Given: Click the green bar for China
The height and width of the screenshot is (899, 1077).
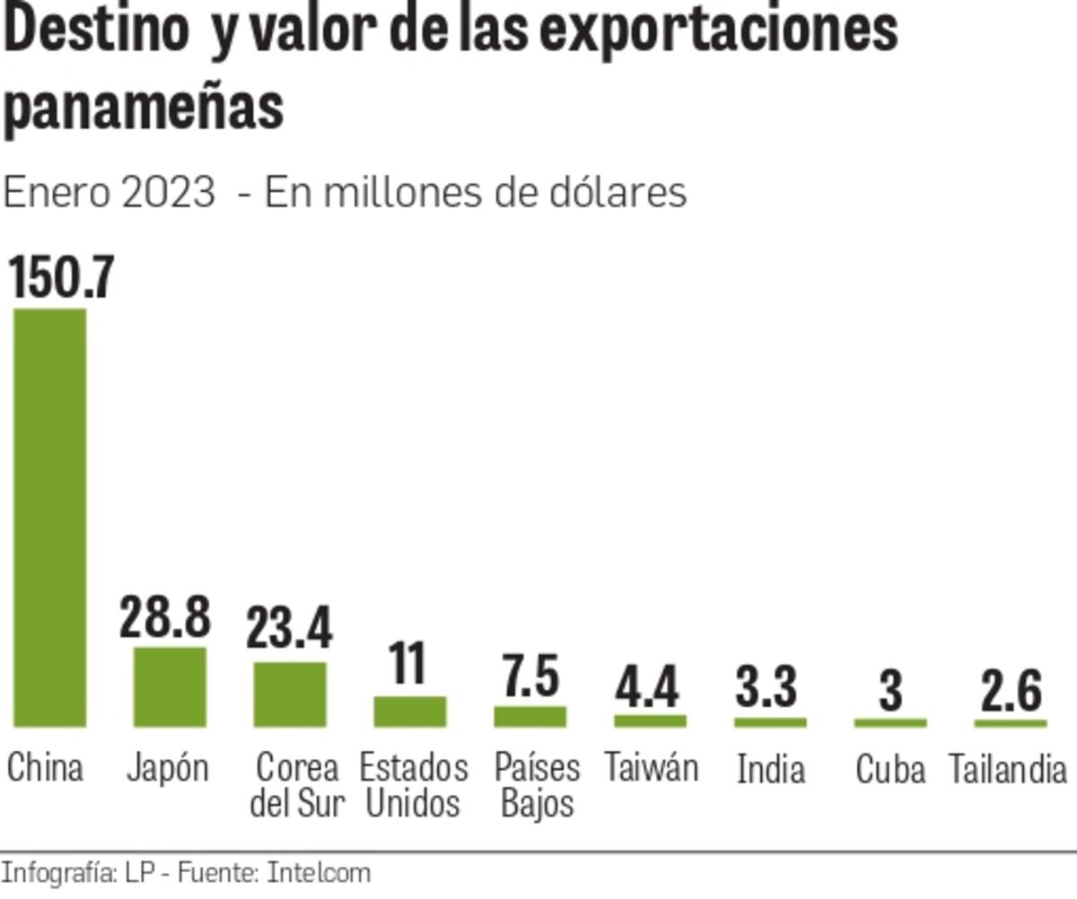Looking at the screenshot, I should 50,517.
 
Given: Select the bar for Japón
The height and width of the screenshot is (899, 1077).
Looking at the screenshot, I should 170,686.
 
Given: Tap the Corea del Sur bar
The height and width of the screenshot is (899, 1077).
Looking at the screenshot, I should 290,694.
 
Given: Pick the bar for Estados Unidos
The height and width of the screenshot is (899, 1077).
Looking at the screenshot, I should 410,711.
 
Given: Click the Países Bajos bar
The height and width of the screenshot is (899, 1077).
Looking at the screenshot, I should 530,716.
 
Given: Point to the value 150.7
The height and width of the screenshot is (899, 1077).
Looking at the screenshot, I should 61,277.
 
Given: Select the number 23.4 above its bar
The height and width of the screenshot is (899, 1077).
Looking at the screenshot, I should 289,627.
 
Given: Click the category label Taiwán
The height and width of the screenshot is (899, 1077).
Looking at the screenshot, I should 651,768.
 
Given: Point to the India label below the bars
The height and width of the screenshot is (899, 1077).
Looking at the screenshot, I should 770,770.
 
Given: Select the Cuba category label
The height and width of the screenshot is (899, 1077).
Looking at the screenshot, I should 889,770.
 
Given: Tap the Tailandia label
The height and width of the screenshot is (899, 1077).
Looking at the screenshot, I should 1008,770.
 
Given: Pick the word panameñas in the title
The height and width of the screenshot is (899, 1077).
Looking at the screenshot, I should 144,109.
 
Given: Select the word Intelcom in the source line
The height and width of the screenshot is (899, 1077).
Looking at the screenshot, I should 319,873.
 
